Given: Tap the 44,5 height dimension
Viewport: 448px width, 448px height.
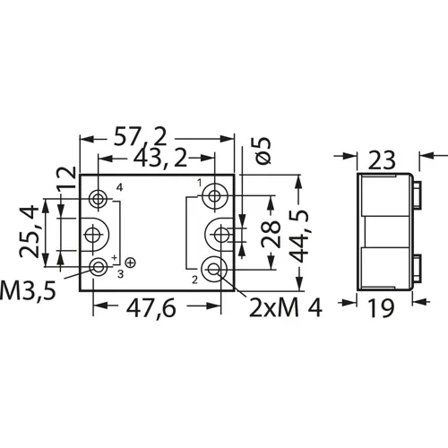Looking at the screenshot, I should pos(305,231).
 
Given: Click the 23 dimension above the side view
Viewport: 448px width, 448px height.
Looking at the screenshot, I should pos(380,159).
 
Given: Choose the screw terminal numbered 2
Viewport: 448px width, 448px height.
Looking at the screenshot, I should pos(214,268).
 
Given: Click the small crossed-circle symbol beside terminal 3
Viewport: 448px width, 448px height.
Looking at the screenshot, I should pos(131,262).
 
